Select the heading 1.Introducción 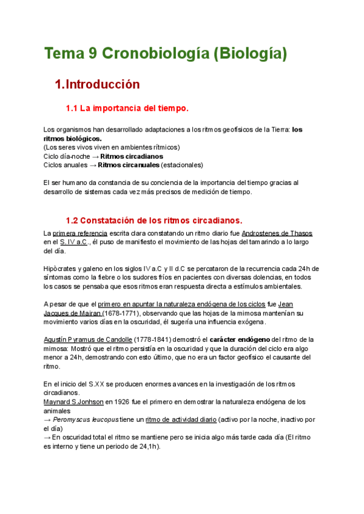(x=97, y=84)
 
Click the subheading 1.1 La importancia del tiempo (x=127, y=109)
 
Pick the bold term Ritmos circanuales (x=129, y=165)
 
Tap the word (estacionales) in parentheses (x=182, y=165)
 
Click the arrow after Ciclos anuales (x=92, y=165)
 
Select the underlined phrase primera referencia (x=80, y=233)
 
